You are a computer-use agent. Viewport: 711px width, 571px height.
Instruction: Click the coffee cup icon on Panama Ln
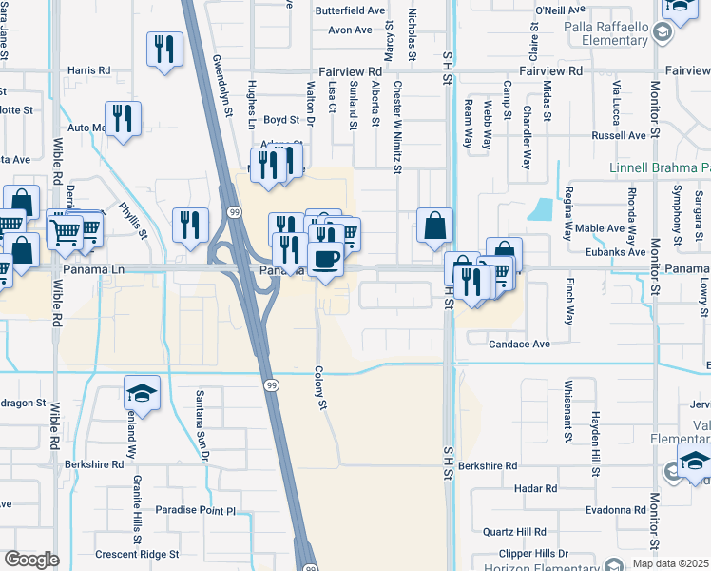pyautogui.click(x=325, y=259)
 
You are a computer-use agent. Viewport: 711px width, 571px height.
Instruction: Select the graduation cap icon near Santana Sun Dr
pyautogui.click(x=142, y=394)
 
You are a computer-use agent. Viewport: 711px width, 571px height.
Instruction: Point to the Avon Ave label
pyautogui.click(x=350, y=30)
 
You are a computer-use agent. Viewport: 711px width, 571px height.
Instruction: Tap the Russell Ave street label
pyautogui.click(x=619, y=135)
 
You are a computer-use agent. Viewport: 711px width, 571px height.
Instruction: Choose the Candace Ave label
pyautogui.click(x=520, y=344)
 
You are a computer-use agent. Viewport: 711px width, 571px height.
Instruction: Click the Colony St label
pyautogui.click(x=321, y=390)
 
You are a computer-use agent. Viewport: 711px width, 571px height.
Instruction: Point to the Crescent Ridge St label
pyautogui.click(x=130, y=554)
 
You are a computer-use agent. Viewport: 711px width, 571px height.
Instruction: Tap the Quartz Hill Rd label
pyautogui.click(x=514, y=532)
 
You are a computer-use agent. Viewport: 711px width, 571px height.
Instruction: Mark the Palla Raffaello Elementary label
pyautogui.click(x=603, y=34)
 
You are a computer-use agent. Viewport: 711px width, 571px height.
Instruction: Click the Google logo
pyautogui.click(x=31, y=559)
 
